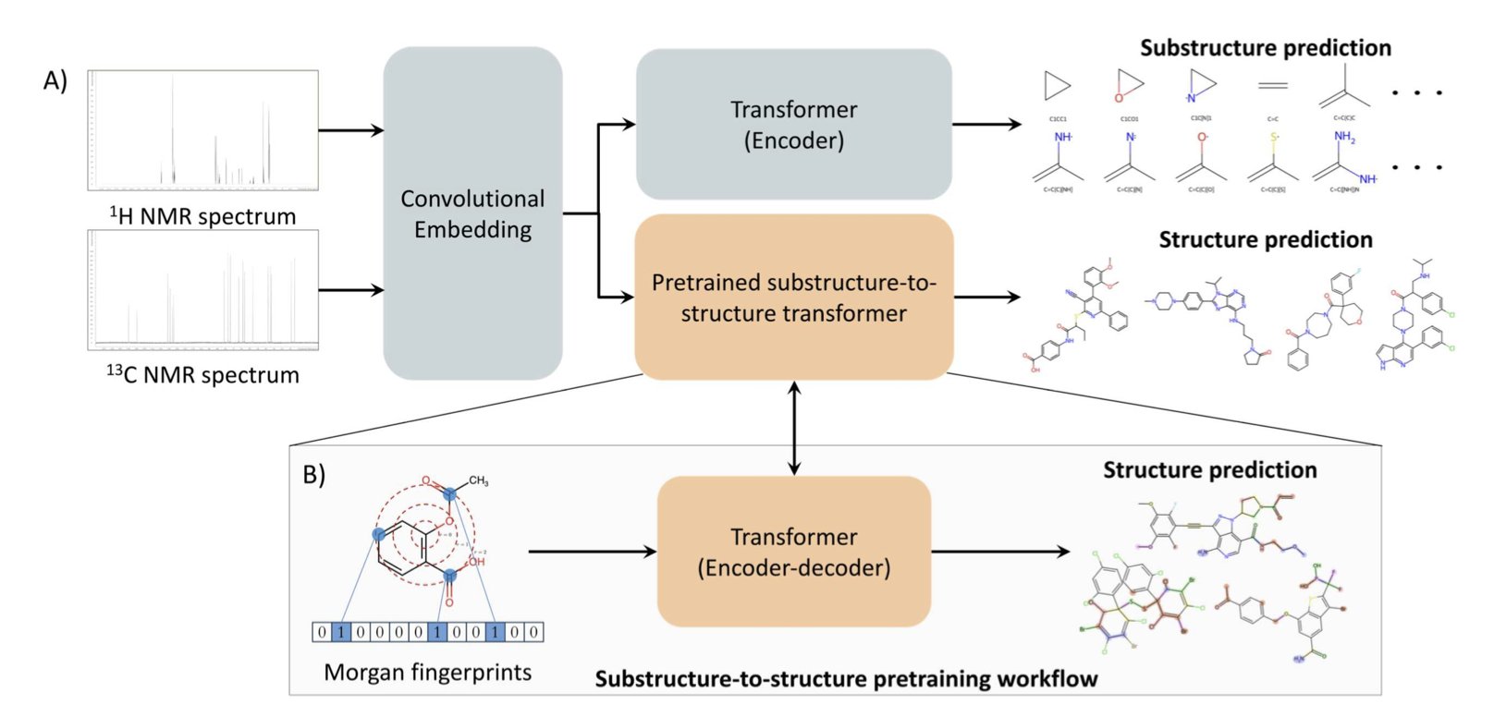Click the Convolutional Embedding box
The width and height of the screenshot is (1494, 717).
click(472, 213)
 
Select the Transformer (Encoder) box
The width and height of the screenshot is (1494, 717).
click(793, 125)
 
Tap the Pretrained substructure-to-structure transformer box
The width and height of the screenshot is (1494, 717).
click(793, 298)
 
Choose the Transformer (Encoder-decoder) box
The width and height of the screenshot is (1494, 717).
click(793, 552)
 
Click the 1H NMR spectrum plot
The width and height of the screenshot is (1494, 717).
click(203, 130)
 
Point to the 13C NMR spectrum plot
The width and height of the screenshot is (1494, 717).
click(203, 290)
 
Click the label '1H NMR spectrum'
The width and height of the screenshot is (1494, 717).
click(203, 216)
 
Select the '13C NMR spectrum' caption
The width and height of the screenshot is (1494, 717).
click(203, 375)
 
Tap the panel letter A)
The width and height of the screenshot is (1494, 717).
click(55, 81)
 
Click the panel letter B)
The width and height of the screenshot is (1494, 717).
click(314, 474)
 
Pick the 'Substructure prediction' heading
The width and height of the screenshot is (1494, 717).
click(1265, 48)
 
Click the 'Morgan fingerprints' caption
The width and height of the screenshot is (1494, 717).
click(427, 673)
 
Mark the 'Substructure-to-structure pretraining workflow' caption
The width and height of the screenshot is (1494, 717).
click(846, 679)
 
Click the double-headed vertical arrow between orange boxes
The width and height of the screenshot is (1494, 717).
click(793, 428)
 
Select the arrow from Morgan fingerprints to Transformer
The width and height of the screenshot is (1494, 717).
click(592, 552)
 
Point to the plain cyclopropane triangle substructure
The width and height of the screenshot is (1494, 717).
click(1056, 87)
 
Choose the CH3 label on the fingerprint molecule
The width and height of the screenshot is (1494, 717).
click(478, 481)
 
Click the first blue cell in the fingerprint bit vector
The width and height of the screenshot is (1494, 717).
click(341, 632)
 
